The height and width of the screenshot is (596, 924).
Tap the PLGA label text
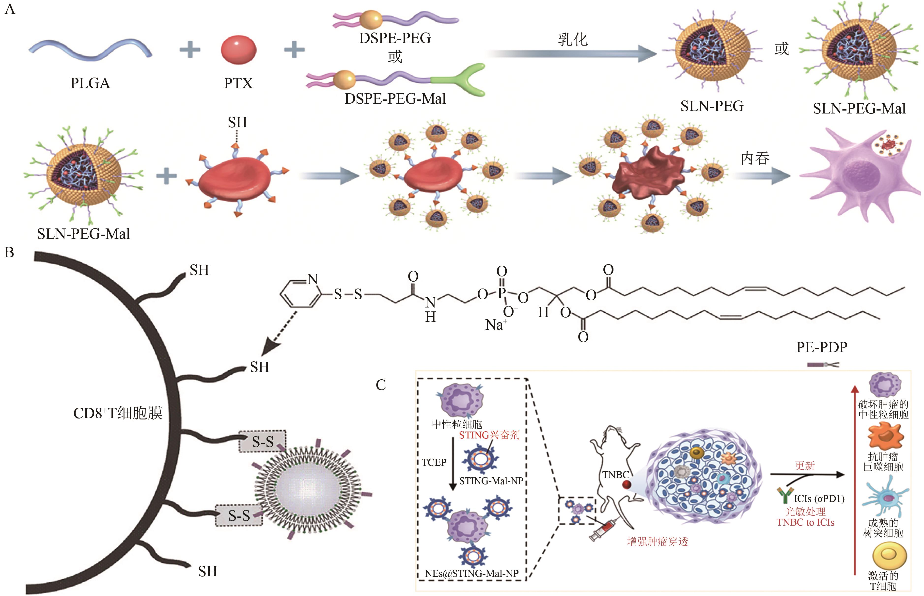90,83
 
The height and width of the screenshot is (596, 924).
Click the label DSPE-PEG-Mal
395,99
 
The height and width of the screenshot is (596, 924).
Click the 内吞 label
755,158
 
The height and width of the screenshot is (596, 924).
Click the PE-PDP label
821,347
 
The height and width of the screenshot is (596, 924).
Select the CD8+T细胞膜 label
118,413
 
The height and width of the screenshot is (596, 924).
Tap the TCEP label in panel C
434,463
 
